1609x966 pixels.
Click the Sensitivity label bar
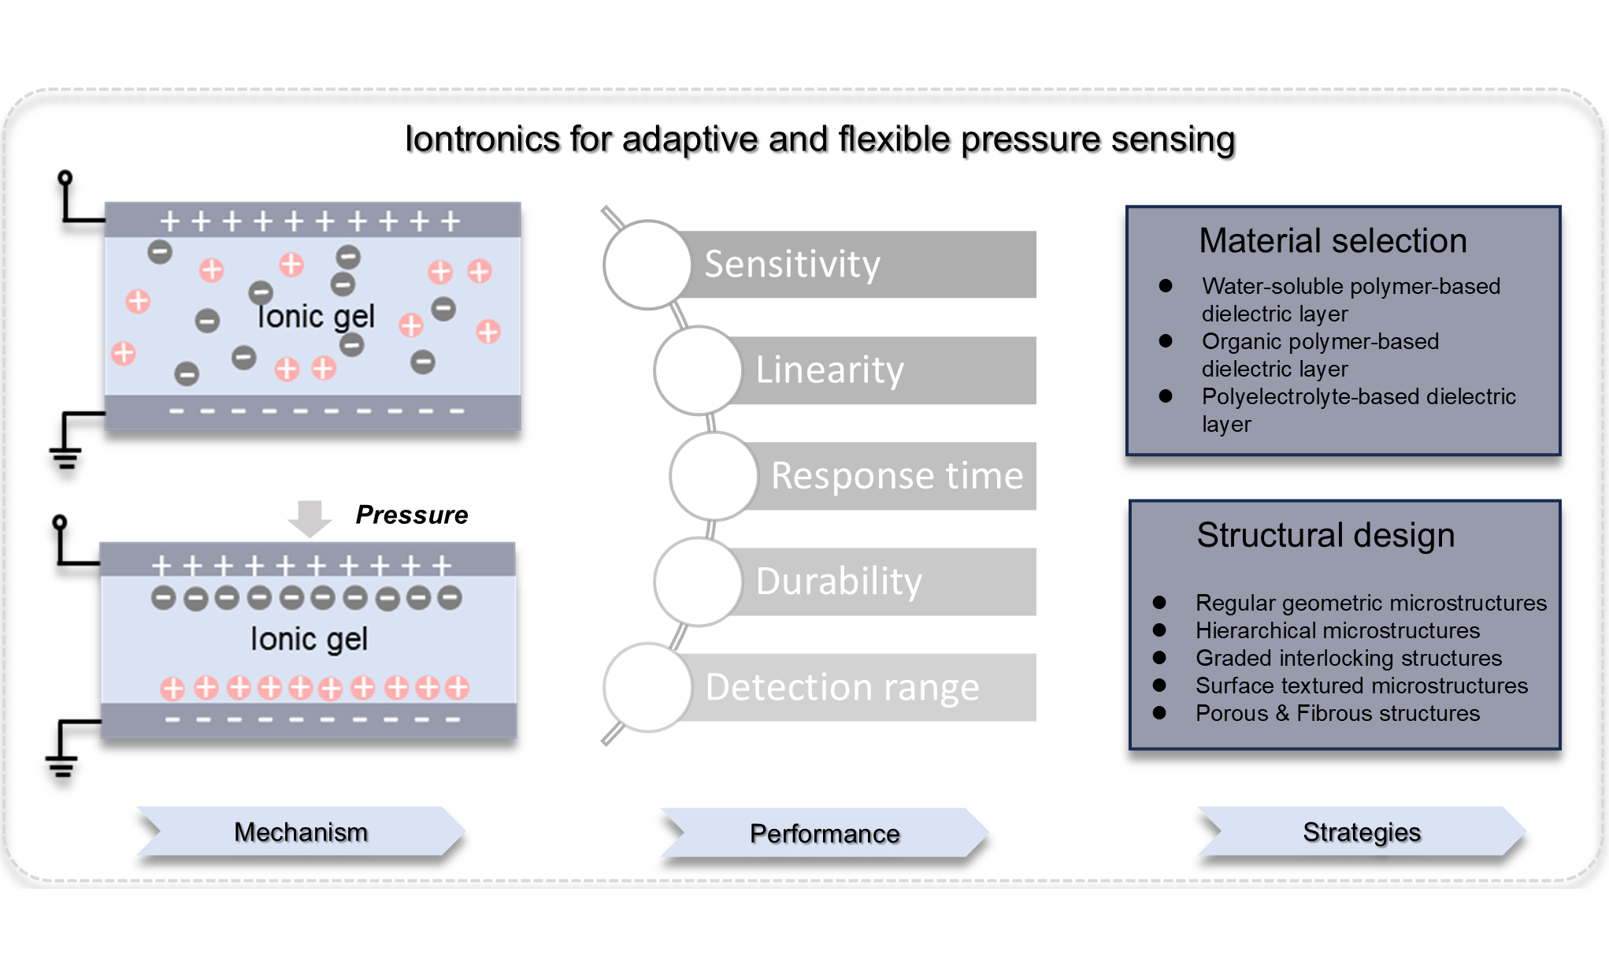[858, 264]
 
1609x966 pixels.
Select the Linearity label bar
[882, 370]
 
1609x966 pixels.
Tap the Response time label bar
[894, 476]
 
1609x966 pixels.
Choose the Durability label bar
[882, 581]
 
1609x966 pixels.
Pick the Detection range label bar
[858, 687]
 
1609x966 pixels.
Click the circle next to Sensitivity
[647, 265]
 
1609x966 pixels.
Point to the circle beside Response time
[714, 476]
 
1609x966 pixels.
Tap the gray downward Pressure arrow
[310, 518]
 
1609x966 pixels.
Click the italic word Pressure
[411, 515]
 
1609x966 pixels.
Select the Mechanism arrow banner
[301, 832]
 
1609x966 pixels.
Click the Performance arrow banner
[825, 834]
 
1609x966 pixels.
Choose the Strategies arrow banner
[1362, 832]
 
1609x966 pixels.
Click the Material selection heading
[1333, 241]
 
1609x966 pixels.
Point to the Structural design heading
[1325, 535]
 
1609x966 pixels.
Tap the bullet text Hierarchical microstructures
[1337, 630]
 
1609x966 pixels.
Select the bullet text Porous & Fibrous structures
[1337, 713]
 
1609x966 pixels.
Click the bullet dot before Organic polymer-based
[1166, 340]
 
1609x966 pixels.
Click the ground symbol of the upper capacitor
[66, 456]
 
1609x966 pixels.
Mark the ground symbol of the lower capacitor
[61, 765]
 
